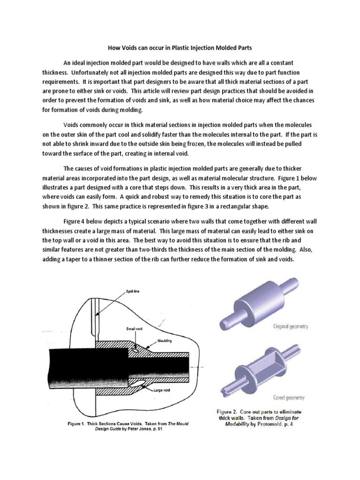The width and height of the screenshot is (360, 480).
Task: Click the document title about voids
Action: coord(180,48)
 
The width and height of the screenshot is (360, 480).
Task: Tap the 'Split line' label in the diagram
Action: coord(132,291)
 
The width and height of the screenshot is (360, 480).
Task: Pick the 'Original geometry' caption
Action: coord(291,326)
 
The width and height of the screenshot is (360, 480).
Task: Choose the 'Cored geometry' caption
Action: coord(288,397)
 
